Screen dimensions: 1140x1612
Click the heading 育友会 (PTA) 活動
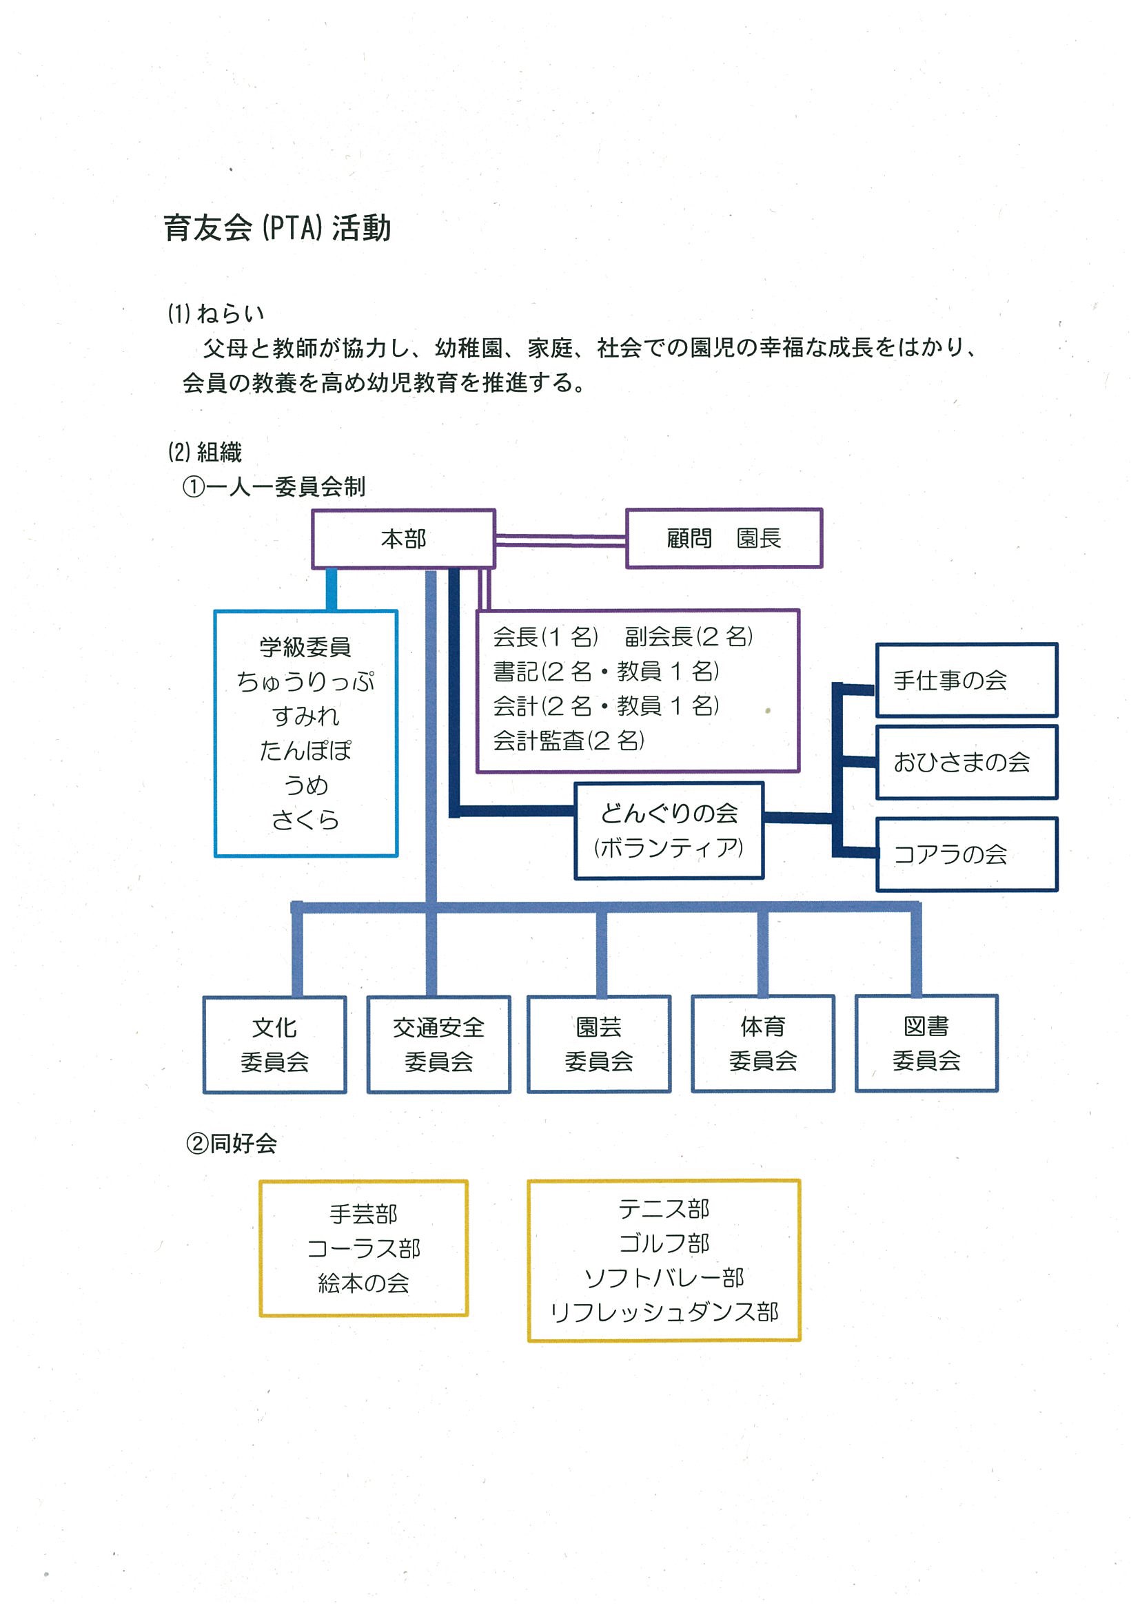pyautogui.click(x=278, y=228)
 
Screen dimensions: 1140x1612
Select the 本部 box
pyautogui.click(x=404, y=539)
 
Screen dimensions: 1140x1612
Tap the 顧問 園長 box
pyautogui.click(x=724, y=538)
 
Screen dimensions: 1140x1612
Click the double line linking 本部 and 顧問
pyautogui.click(x=560, y=540)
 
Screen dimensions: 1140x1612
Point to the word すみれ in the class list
pyautogui.click(x=305, y=716)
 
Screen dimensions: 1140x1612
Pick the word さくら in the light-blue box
pyautogui.click(x=305, y=819)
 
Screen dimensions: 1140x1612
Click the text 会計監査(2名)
pyautogui.click(x=568, y=740)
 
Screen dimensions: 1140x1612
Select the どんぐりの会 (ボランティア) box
pyautogui.click(x=669, y=831)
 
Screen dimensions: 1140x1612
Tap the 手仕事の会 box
pyautogui.click(x=966, y=680)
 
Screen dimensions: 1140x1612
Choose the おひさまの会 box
pyautogui.click(x=966, y=762)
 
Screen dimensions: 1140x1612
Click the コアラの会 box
pyautogui.click(x=966, y=854)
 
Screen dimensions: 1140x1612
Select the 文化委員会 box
pyautogui.click(x=274, y=1044)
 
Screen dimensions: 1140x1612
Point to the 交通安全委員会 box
pyautogui.click(x=438, y=1044)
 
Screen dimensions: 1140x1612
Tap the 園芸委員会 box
pyautogui.click(x=599, y=1043)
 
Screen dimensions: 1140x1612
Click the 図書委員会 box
pyautogui.click(x=926, y=1042)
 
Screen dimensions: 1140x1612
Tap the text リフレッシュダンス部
pyautogui.click(x=664, y=1312)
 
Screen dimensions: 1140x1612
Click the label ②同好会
pyautogui.click(x=231, y=1144)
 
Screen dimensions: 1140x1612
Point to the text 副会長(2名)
pyautogui.click(x=689, y=636)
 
